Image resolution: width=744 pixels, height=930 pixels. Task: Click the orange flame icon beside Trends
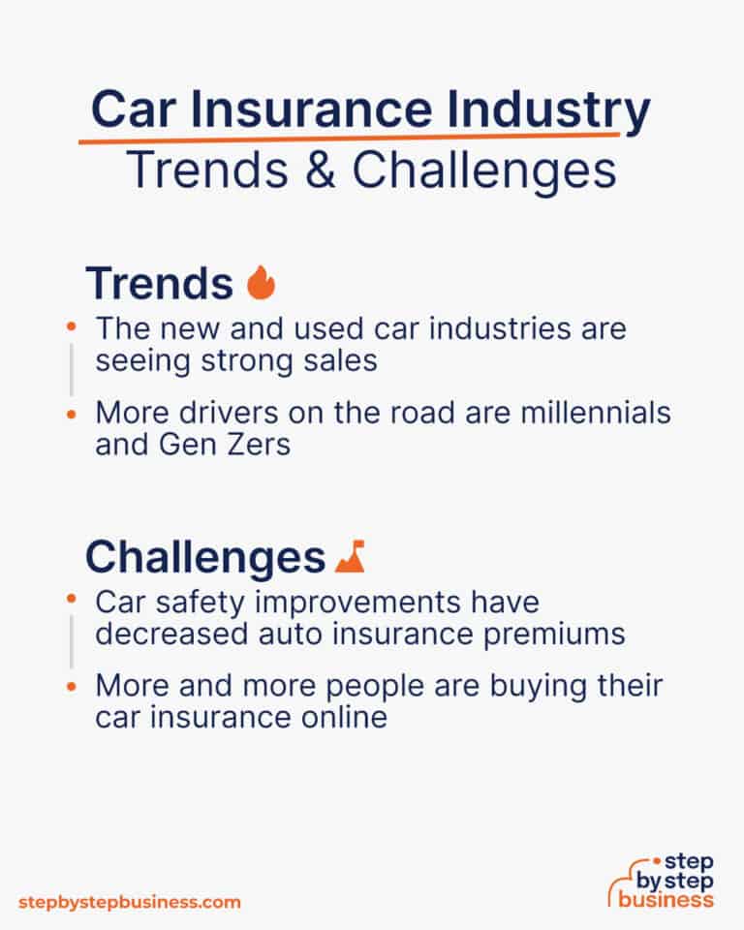click(x=261, y=284)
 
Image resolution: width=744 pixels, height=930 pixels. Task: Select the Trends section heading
click(x=159, y=284)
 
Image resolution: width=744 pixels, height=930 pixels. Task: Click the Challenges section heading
click(x=204, y=557)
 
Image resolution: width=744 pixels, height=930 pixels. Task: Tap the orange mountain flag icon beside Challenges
click(x=349, y=557)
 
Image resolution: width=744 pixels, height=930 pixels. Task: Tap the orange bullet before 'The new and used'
click(x=71, y=327)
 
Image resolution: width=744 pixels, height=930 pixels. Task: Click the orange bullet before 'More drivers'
click(x=71, y=413)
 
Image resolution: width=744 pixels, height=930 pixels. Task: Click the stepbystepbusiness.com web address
click(x=129, y=902)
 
